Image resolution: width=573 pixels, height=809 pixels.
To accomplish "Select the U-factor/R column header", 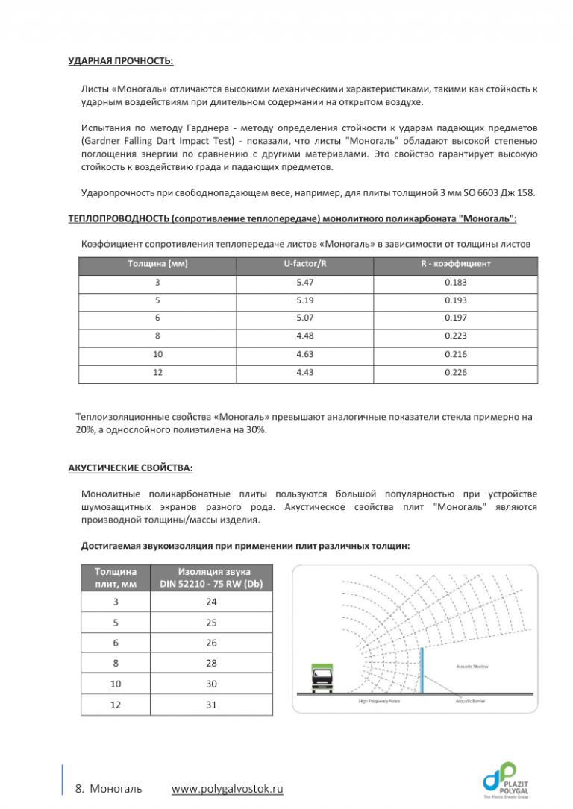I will (x=308, y=264).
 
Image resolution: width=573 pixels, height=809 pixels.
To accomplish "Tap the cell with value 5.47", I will (x=308, y=283).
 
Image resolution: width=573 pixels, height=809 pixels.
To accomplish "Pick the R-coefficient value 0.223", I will (x=455, y=336).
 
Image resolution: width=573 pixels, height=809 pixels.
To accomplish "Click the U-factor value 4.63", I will (x=308, y=353).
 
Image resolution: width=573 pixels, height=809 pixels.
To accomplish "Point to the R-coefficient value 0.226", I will (x=455, y=371).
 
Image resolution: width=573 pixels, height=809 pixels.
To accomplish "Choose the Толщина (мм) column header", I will (x=157, y=264).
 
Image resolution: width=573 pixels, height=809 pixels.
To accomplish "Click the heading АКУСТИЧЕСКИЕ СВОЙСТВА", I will (x=130, y=468).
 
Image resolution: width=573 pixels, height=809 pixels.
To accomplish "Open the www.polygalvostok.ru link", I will (x=228, y=790).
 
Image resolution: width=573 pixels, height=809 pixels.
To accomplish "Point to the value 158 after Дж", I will (x=526, y=194).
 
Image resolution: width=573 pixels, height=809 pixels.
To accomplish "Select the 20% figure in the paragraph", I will (x=84, y=430).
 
